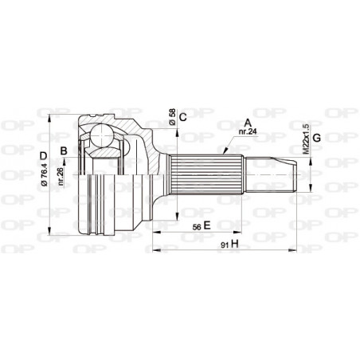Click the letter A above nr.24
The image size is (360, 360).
pyautogui.click(x=247, y=123)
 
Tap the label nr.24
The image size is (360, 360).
pyautogui.click(x=247, y=133)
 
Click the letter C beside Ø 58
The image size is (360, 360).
pyautogui.click(x=182, y=118)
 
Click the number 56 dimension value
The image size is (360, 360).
pyautogui.click(x=194, y=226)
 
